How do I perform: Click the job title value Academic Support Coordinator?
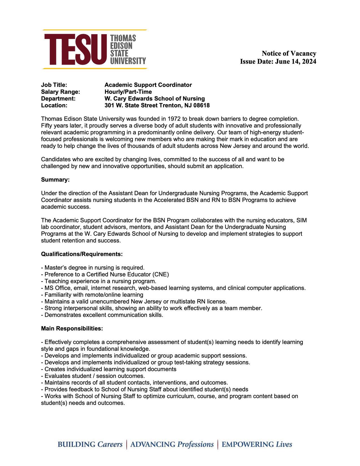tap(148, 85)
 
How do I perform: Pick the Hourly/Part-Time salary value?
tap(128, 92)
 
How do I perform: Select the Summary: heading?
tap(55, 180)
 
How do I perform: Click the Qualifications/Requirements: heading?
tap(82, 254)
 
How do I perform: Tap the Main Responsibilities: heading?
tap(72, 329)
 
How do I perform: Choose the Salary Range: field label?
tap(60, 92)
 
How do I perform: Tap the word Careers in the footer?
tap(110, 445)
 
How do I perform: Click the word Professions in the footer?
tap(195, 445)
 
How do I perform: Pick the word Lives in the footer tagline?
tap(284, 445)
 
